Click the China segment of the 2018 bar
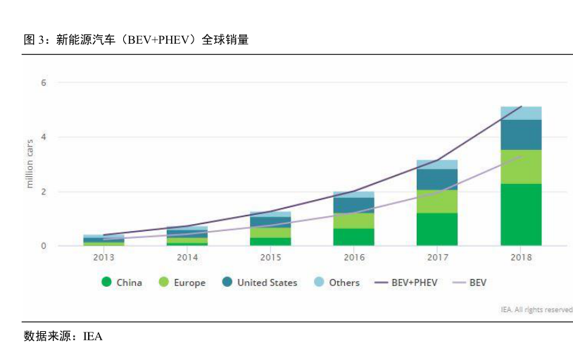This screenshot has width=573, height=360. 521,215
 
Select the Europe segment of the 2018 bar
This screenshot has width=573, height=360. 521,167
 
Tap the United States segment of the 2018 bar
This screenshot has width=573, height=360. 521,135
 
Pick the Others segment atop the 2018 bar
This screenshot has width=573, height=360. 521,113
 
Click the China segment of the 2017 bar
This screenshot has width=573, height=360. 437,229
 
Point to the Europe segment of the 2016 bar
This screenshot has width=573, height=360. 353,221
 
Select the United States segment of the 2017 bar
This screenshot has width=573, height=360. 437,180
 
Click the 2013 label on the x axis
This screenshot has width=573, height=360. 104,257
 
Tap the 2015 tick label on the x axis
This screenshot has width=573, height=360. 271,257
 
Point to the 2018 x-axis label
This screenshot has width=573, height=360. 521,257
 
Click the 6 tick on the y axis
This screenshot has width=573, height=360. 43,83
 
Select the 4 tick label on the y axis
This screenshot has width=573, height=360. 43,137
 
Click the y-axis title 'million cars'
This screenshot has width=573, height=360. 30,163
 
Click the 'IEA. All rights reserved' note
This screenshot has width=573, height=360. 536,309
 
